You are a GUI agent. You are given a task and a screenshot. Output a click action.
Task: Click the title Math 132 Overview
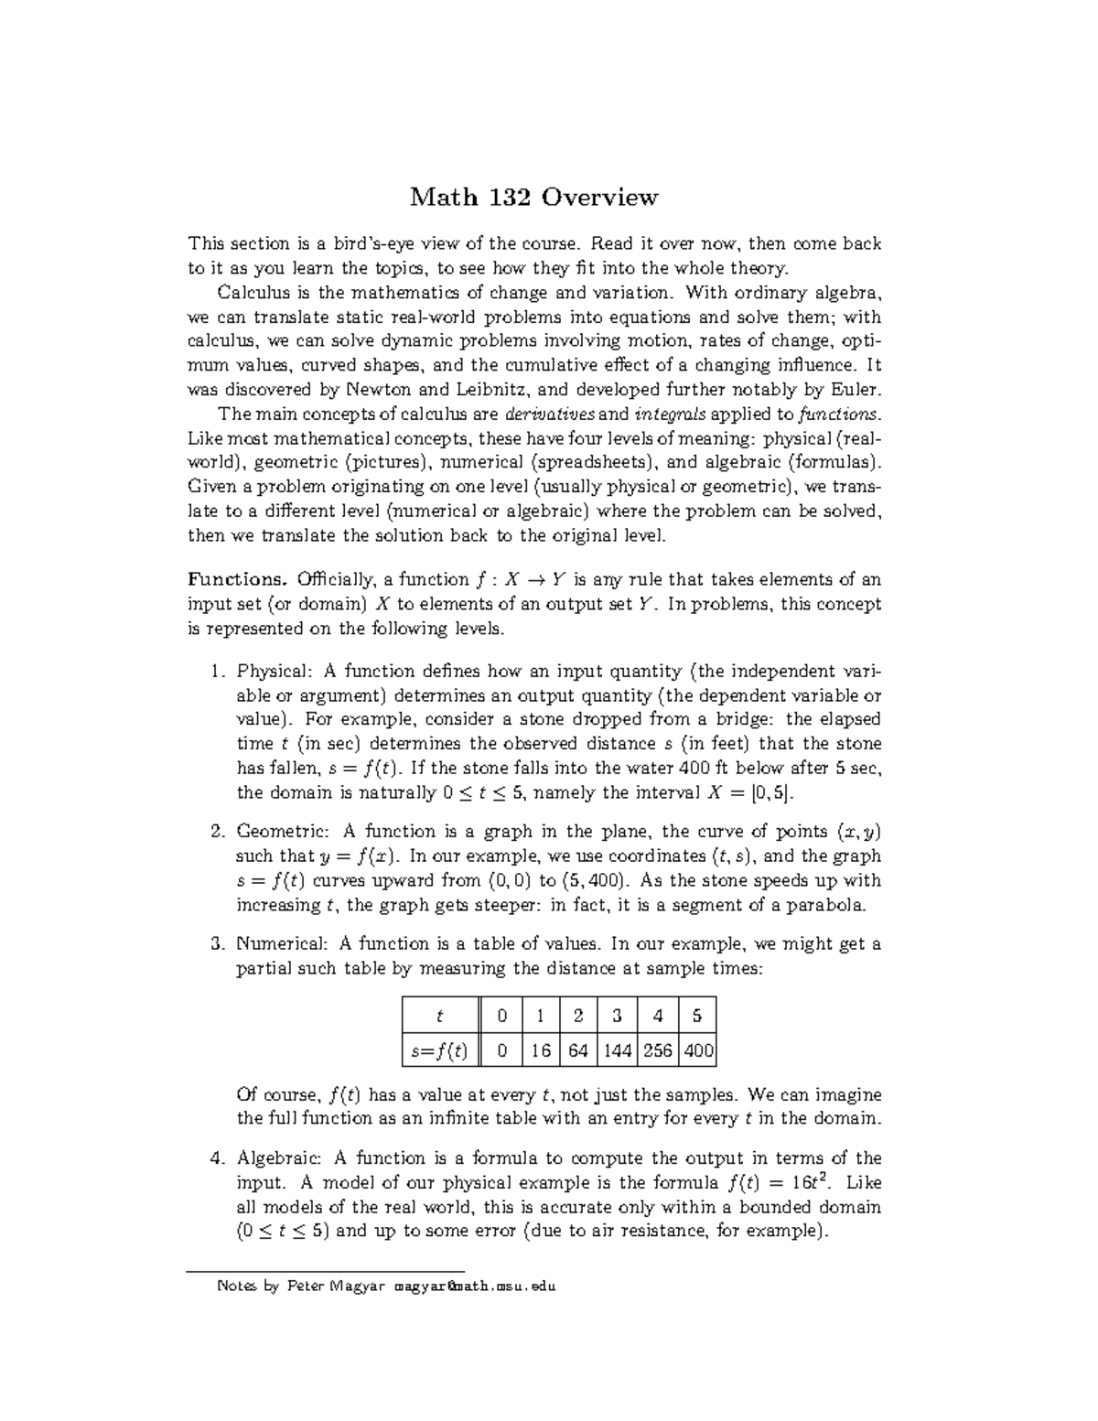533,197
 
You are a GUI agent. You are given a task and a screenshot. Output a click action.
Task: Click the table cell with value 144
618,1051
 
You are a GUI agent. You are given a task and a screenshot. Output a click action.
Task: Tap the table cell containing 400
698,1051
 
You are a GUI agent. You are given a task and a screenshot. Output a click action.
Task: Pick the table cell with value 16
541,1051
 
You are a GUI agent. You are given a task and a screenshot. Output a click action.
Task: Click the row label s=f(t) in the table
439,1051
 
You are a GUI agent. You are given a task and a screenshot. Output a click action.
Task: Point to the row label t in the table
439,1016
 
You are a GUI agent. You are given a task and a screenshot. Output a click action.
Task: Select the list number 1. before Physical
216,673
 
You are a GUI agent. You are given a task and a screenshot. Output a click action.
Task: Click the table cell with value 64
577,1051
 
